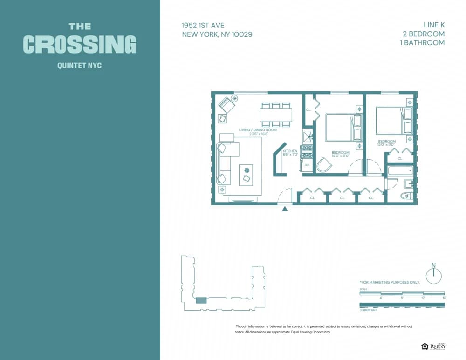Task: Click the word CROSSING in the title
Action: (80, 44)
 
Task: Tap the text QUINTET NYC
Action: (80, 66)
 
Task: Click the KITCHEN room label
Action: (290, 151)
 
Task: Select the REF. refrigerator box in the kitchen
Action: (307, 165)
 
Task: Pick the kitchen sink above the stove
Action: (307, 136)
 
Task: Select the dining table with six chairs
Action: (276, 115)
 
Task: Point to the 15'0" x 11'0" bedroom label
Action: (387, 143)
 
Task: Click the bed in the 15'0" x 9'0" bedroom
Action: (343, 127)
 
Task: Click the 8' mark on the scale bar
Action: (402, 297)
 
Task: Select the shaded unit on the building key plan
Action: (200, 300)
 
